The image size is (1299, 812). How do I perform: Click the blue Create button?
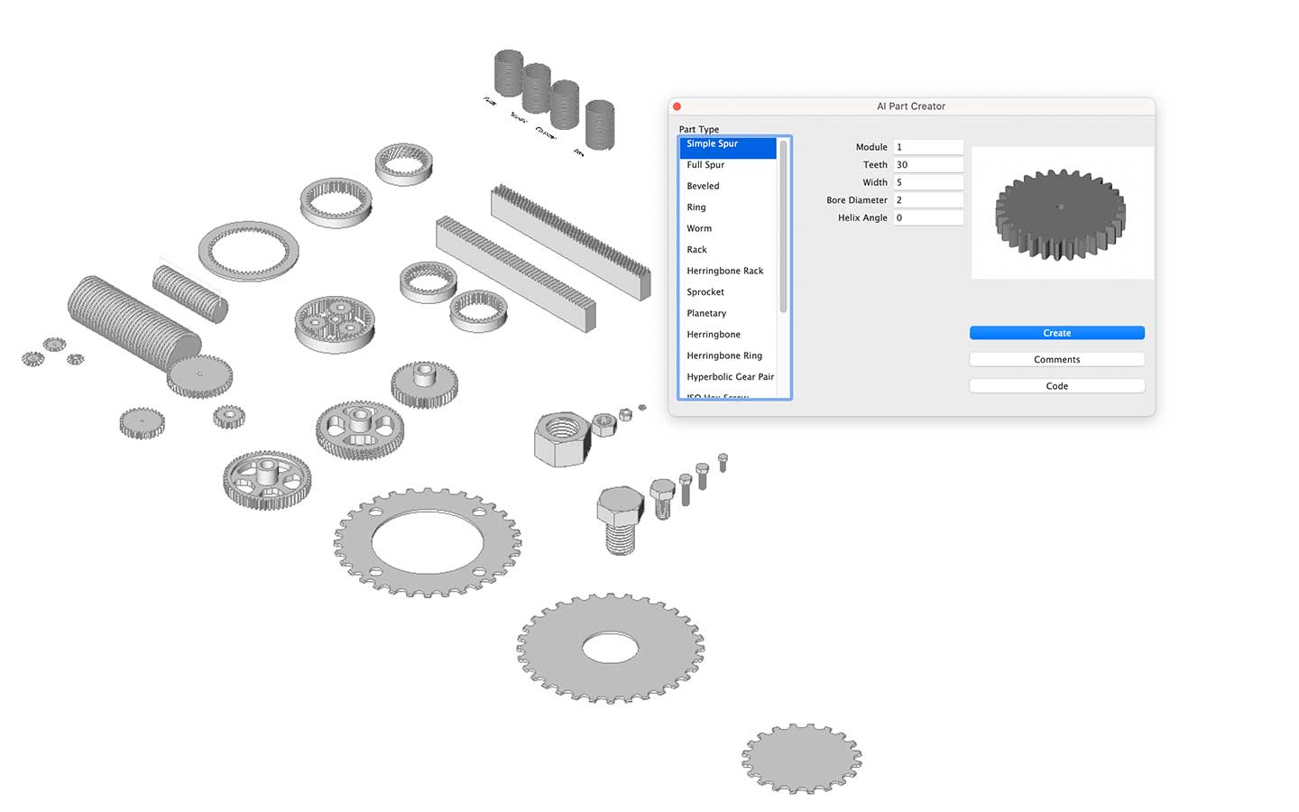pyautogui.click(x=1056, y=333)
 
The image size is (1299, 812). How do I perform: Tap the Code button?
pyautogui.click(x=1056, y=386)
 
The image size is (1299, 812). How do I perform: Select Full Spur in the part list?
pyautogui.click(x=705, y=165)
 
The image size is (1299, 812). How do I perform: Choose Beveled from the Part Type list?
pyautogui.click(x=703, y=186)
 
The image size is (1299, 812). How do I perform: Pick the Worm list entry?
pyautogui.click(x=699, y=228)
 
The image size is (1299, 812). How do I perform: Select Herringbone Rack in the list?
pyautogui.click(x=724, y=271)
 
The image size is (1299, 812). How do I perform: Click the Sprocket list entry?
pyautogui.click(x=705, y=292)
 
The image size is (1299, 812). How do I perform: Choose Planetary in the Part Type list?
pyautogui.click(x=706, y=313)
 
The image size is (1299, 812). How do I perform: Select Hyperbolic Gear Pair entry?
pyautogui.click(x=730, y=377)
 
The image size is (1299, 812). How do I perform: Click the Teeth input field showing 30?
pyautogui.click(x=928, y=165)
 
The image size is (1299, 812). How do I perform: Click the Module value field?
pyautogui.click(x=928, y=147)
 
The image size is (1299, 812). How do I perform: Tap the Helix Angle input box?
pyautogui.click(x=928, y=217)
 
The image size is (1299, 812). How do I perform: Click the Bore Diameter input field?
pyautogui.click(x=928, y=200)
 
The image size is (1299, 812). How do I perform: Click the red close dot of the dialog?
pyautogui.click(x=677, y=106)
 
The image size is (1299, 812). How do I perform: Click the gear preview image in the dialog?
pyautogui.click(x=1061, y=213)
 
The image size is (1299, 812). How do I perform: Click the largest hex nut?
pyautogui.click(x=561, y=437)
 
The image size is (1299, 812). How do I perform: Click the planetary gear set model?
pyautogui.click(x=335, y=322)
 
